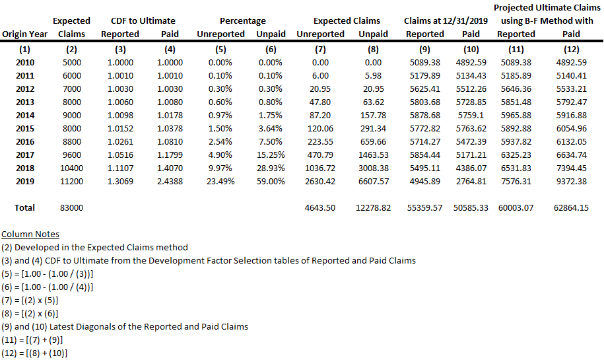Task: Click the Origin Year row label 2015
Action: coord(25,128)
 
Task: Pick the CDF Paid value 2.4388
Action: coord(170,181)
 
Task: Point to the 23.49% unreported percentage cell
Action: coord(220,181)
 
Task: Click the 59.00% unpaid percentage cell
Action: coord(271,181)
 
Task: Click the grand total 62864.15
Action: coord(571,207)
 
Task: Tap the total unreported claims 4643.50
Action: coord(321,207)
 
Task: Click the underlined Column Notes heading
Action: coord(30,234)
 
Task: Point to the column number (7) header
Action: coord(321,49)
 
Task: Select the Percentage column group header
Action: coord(242,21)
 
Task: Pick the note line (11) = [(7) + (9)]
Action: coord(34,340)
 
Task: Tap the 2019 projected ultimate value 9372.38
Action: coord(571,181)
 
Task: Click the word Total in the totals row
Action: coord(25,207)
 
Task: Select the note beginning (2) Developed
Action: coord(94,248)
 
